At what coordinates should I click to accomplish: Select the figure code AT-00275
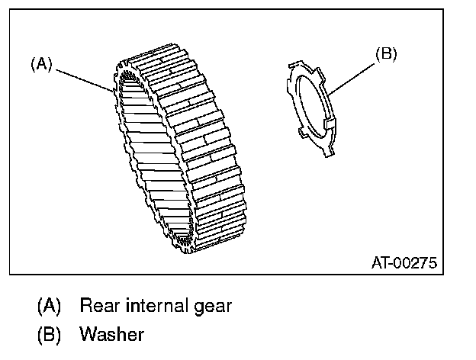point(404,263)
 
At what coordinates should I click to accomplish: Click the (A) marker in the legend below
point(48,307)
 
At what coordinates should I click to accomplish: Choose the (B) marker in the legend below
point(48,334)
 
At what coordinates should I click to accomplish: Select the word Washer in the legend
point(111,334)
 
